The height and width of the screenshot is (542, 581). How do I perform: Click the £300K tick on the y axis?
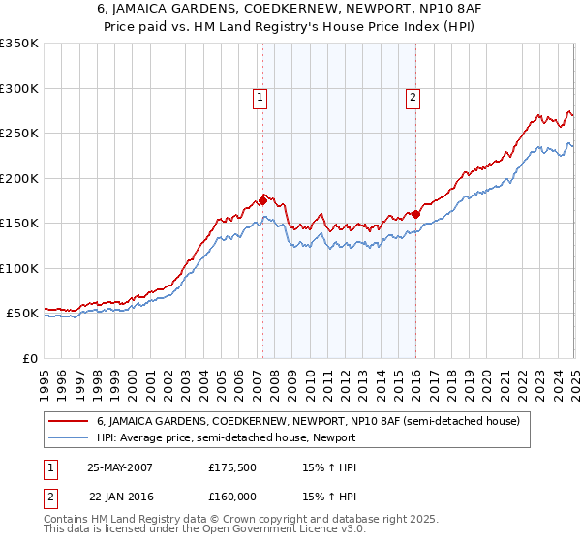[19, 88]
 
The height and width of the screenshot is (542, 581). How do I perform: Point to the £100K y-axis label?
[19, 268]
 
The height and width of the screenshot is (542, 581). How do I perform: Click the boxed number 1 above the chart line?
[261, 96]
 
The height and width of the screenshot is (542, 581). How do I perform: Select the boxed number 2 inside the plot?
[413, 96]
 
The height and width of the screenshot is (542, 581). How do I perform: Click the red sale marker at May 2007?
[261, 200]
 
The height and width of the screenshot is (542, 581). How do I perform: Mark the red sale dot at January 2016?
[415, 214]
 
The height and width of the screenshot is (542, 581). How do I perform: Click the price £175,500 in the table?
[231, 467]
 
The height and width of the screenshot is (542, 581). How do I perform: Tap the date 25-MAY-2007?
[120, 467]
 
